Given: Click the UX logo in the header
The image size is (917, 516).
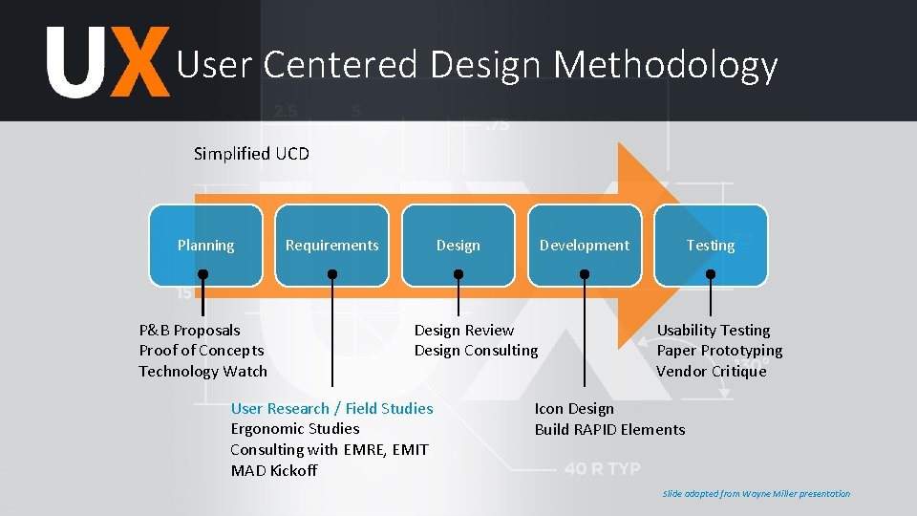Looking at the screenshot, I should point(108,62).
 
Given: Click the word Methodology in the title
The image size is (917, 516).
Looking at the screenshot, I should point(665,65).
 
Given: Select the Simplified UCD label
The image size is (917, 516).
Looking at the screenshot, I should point(251,153).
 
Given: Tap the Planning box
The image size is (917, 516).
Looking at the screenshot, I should point(205,245).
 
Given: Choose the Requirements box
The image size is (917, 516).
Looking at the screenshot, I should point(331,245).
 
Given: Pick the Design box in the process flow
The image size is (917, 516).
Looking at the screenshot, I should point(458,245).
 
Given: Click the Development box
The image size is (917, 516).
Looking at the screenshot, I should point(584,245).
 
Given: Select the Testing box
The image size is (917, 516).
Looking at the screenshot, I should point(711,245).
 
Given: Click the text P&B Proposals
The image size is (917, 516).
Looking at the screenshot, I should point(190,330).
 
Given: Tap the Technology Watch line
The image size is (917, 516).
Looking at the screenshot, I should point(203,371).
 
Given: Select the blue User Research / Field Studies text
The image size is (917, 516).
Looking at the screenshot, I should point(331,408).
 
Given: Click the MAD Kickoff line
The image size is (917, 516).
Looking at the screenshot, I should point(273,470).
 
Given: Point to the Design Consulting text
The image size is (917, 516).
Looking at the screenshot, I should point(476,350).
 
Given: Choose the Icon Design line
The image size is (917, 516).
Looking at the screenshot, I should point(574,408).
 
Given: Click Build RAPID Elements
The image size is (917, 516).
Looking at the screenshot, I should point(609,429).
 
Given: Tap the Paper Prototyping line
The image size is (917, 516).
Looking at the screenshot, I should point(719,350).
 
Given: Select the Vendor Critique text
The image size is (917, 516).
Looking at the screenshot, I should point(711,371).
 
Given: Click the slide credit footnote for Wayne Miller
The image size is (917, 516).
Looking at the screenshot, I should point(756,493).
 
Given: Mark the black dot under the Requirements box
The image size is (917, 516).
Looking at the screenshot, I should point(332,274).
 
